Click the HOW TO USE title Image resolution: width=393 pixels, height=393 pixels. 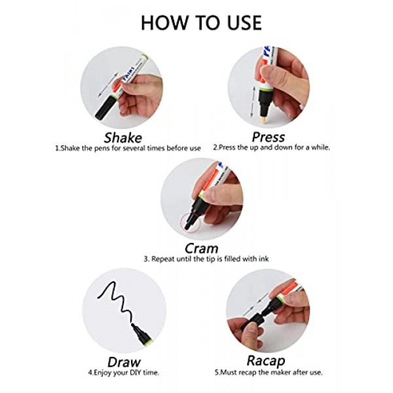tap(201, 23)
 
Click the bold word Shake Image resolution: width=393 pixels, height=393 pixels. tap(123, 138)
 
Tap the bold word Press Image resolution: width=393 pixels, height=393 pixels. tap(268, 137)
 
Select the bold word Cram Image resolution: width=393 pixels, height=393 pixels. tap(202, 248)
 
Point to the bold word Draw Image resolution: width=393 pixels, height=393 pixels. tap(124, 362)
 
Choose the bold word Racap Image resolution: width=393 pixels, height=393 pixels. tap(266, 361)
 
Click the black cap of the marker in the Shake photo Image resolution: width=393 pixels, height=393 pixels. tap(105, 108)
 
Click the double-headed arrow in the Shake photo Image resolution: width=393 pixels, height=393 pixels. tap(107, 84)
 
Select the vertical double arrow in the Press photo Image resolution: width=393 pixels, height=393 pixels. tap(253, 103)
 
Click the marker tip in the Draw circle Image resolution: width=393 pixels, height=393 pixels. tap(132, 325)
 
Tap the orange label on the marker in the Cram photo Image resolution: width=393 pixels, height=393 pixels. tap(210, 182)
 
